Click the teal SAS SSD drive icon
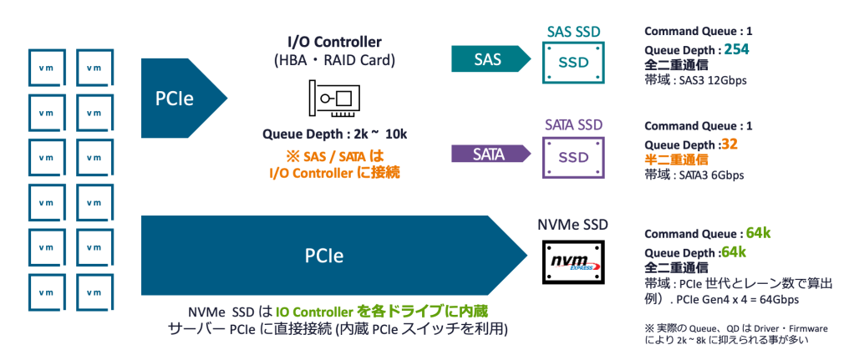tap(573, 63)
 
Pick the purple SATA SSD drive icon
tap(573, 157)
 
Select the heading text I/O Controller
tap(334, 43)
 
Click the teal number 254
tap(736, 49)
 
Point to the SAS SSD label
tap(573, 32)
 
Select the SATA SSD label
tap(573, 124)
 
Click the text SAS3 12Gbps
tap(712, 81)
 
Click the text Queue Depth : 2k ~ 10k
tap(334, 134)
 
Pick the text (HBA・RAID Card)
tap(334, 60)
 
